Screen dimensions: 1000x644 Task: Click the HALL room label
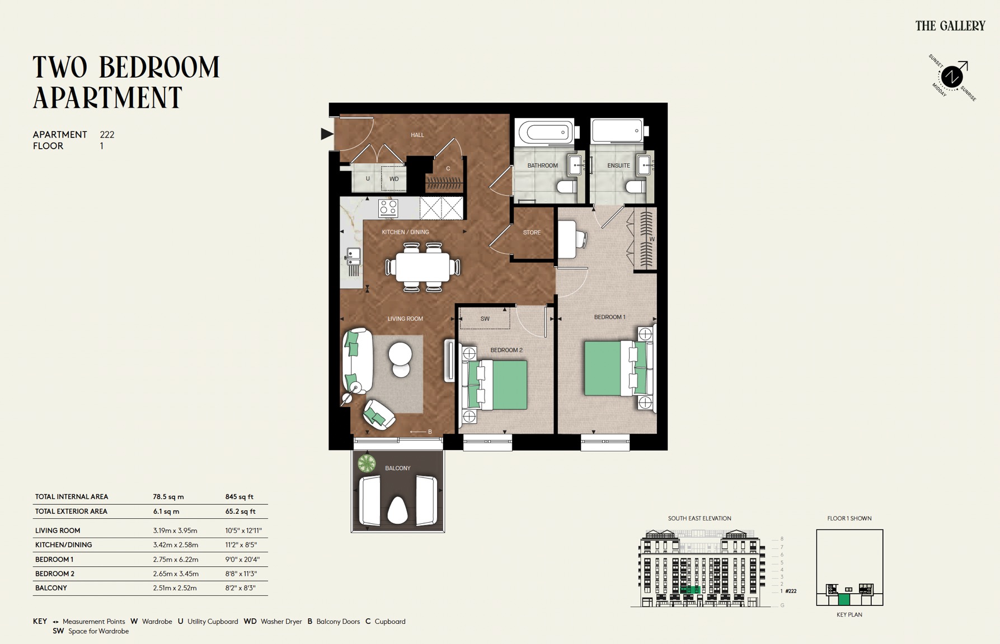click(417, 135)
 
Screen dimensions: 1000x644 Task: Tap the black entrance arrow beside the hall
click(326, 134)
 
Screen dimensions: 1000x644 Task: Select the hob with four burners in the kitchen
click(388, 208)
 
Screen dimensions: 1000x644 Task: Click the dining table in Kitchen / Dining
click(422, 267)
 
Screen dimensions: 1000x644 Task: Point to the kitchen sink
click(353, 257)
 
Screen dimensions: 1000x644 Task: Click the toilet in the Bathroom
click(566, 186)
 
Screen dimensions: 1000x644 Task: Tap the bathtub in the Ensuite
click(617, 131)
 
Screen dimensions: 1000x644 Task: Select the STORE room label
click(532, 233)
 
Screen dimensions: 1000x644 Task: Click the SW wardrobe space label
click(485, 319)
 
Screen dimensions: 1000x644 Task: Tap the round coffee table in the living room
click(401, 354)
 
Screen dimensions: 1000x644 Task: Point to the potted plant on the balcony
click(367, 463)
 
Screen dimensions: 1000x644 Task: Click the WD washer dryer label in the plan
click(394, 179)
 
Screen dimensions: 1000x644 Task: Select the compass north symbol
click(952, 76)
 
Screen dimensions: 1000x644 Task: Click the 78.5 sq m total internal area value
click(168, 496)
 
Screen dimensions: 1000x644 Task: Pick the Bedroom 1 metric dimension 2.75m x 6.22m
click(176, 559)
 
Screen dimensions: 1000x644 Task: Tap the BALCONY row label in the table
click(51, 588)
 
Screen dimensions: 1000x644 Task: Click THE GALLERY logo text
click(950, 26)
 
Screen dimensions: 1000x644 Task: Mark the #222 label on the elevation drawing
click(791, 591)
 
